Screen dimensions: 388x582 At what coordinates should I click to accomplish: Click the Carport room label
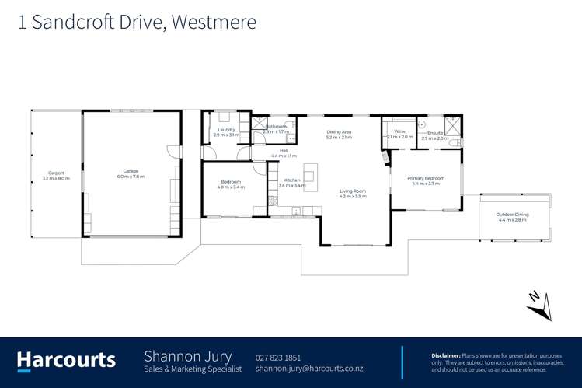(x=56, y=173)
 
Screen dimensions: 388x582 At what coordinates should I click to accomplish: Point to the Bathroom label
(x=276, y=126)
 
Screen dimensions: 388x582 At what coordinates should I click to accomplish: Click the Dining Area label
(x=339, y=132)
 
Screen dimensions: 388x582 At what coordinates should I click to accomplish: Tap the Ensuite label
(x=435, y=132)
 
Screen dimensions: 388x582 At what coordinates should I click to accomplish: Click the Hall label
(x=284, y=151)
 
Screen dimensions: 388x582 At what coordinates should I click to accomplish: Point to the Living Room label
(x=352, y=191)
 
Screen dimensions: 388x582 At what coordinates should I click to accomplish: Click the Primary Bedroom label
(x=426, y=178)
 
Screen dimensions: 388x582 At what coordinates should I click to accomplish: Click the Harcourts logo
(x=66, y=360)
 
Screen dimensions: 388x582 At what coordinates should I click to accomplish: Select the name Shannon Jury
(x=187, y=356)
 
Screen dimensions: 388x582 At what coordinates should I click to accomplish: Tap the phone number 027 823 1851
(x=277, y=358)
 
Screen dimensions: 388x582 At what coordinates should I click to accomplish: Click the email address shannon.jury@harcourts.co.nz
(x=308, y=369)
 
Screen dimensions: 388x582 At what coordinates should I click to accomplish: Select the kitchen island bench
(x=310, y=176)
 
